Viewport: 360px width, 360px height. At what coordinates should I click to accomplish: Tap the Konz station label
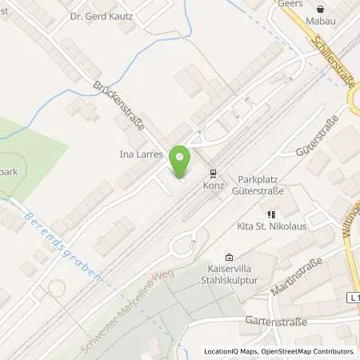point(213,185)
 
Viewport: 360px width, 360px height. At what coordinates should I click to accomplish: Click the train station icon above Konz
point(213,172)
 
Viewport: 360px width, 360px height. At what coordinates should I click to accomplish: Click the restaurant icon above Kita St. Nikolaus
point(270,214)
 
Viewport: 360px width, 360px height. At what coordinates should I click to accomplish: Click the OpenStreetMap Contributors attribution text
point(309,351)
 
